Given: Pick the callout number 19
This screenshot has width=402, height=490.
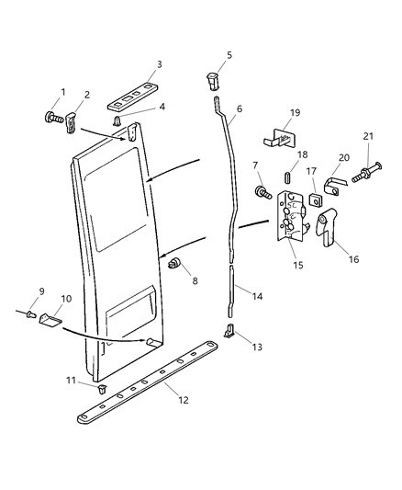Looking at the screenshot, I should [295, 113].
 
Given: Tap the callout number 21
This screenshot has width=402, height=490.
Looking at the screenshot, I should [370, 136].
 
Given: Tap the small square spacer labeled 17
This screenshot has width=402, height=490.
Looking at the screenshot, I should [315, 197].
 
